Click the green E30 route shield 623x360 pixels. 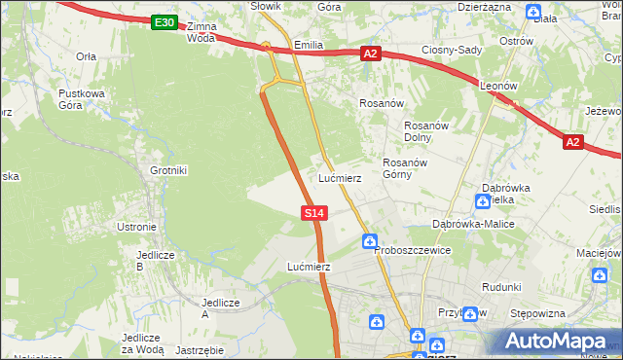pos(165,22)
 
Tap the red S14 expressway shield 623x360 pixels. pos(313,212)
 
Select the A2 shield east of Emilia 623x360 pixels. pos(370,54)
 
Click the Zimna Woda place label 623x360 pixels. pos(201,32)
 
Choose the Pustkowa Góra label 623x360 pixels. pos(81,99)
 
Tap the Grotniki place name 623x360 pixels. pos(168,170)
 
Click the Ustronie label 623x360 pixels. pos(136,227)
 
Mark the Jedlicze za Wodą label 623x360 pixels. pos(142,343)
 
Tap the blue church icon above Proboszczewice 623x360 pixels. pos(370,240)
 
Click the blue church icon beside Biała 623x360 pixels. pos(533,13)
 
